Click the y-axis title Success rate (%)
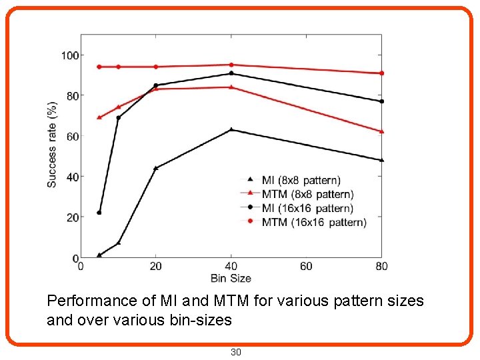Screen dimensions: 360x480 (x=52, y=144)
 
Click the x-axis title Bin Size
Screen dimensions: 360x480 (x=231, y=277)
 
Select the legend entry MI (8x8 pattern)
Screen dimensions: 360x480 (x=301, y=180)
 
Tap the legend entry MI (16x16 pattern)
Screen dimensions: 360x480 (x=307, y=208)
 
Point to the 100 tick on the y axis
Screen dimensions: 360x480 (x=69, y=55)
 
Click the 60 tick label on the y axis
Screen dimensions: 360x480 (x=71, y=137)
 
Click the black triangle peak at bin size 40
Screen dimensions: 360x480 (x=231, y=129)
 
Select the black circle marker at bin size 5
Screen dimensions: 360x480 (x=99, y=213)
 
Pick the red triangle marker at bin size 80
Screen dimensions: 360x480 (x=381, y=131)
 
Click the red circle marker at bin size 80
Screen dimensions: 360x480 (x=381, y=73)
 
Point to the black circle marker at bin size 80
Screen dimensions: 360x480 (x=381, y=101)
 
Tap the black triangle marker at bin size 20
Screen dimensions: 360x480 (x=156, y=168)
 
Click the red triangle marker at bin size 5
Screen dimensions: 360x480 (x=99, y=117)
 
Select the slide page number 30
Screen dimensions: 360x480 (x=235, y=352)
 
